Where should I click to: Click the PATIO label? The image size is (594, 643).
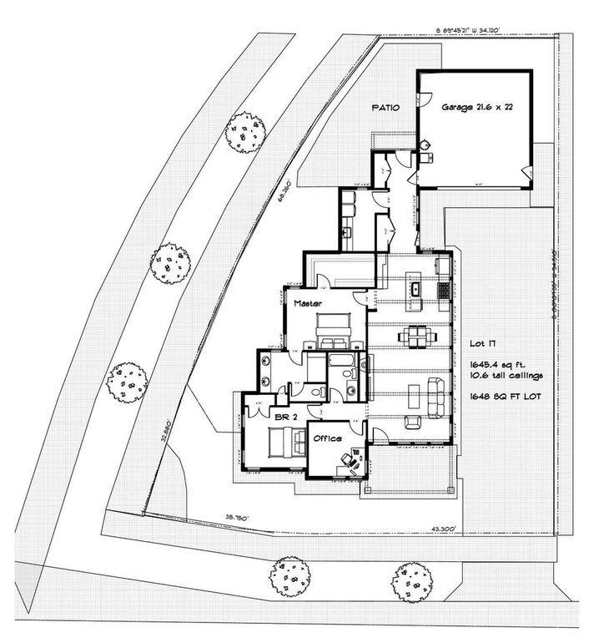point(385,108)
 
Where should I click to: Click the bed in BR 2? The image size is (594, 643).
point(282,443)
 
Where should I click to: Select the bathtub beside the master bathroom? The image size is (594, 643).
point(342,362)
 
